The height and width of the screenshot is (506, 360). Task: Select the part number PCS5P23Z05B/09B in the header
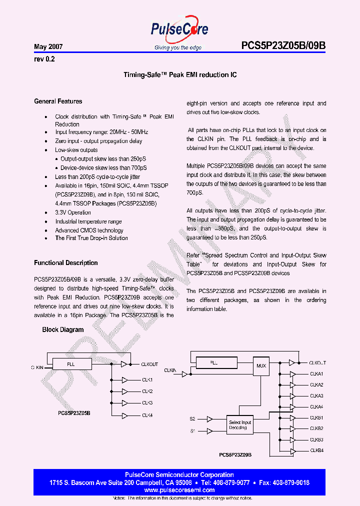(x=283, y=46)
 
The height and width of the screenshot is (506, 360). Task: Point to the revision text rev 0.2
(x=44, y=59)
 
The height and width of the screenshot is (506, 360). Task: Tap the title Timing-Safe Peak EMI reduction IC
(x=180, y=75)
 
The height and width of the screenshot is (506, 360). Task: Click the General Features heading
(x=58, y=101)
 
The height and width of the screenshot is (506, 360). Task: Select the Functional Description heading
(x=66, y=263)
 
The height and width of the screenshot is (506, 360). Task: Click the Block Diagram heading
(x=63, y=330)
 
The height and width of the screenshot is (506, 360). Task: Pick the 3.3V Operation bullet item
(x=73, y=212)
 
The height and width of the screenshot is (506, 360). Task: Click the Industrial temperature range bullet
(x=88, y=221)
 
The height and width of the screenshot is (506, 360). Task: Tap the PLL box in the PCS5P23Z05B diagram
(x=71, y=364)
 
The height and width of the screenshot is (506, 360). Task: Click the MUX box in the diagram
(x=261, y=365)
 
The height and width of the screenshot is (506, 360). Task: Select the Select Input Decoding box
(x=240, y=425)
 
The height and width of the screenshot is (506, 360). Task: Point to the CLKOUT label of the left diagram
(x=149, y=364)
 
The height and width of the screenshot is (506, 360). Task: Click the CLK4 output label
(x=147, y=414)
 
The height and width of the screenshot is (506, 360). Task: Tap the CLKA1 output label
(x=316, y=374)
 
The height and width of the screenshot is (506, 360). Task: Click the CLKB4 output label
(x=316, y=450)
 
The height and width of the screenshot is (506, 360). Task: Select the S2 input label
(x=192, y=418)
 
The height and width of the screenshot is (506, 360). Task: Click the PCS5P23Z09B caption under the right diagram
(x=235, y=455)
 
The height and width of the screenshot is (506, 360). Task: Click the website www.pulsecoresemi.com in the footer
(x=179, y=490)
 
